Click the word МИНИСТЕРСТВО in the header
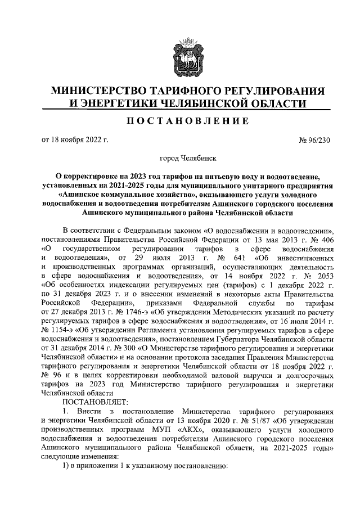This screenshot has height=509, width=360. [98, 91]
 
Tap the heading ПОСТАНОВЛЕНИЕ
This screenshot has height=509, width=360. [179, 121]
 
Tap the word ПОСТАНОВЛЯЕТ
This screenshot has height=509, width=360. [96, 401]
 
